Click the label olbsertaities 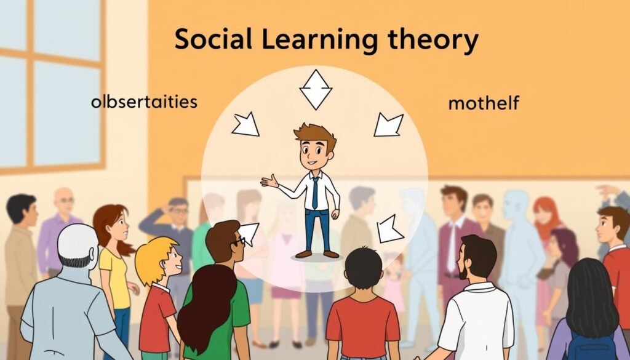(x=144, y=101)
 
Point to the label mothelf (x=483, y=103)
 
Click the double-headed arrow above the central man (x=316, y=90)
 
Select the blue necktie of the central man (x=316, y=191)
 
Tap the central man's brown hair (x=316, y=133)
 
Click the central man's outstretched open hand (x=269, y=181)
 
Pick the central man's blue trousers (x=317, y=228)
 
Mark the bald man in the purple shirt (x=62, y=222)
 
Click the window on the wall (x=52, y=86)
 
